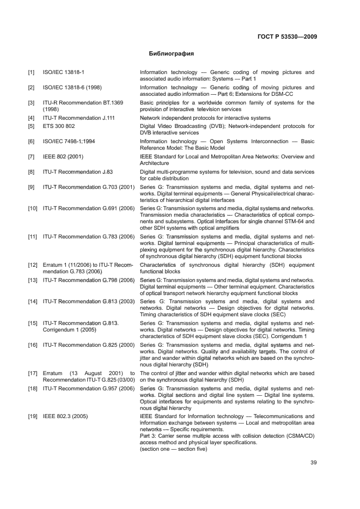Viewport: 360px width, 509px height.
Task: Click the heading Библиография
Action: (172, 54)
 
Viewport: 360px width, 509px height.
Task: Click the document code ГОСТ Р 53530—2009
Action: (288, 37)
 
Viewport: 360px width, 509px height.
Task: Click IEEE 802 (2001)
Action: (62, 157)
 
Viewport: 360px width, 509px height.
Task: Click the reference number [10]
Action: (33, 208)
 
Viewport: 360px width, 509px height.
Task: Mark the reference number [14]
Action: (33, 301)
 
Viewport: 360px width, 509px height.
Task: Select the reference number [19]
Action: (33, 416)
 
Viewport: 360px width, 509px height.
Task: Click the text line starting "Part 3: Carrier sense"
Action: (226, 436)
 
